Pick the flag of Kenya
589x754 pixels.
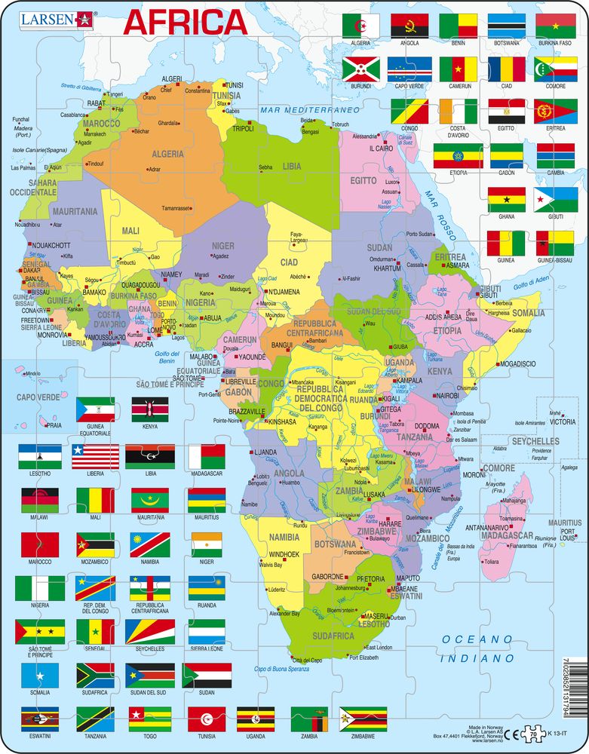(149, 410)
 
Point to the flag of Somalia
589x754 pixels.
(40, 676)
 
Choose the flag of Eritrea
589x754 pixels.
(555, 112)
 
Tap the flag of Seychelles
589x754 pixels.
(149, 631)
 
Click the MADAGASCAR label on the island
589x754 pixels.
(510, 535)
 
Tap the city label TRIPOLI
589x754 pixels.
(243, 128)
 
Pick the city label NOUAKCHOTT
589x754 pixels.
(50, 245)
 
